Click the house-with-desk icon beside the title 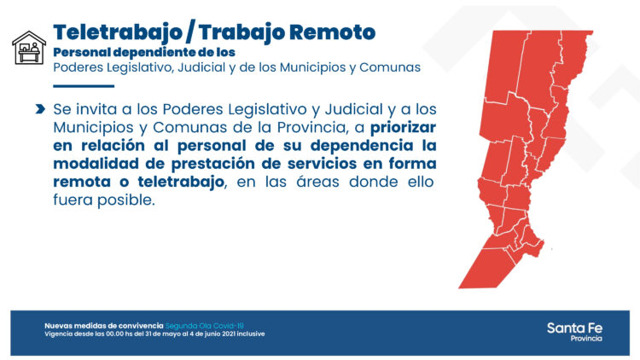tap(28, 49)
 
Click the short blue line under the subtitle tap(83, 86)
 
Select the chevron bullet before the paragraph tap(40, 110)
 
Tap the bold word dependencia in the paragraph tap(365, 146)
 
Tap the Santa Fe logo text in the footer tap(574, 328)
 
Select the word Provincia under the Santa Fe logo tap(585, 339)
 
